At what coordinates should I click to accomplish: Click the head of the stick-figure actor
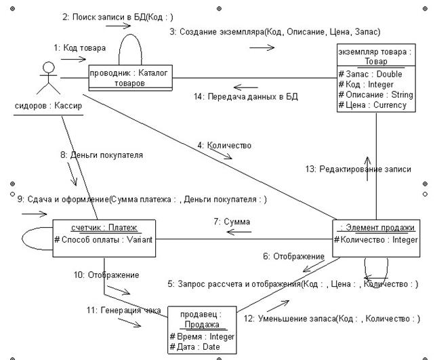pos(49,67)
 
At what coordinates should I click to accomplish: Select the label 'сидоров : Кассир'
pos(48,106)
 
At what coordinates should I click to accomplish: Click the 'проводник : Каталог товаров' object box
pos(130,78)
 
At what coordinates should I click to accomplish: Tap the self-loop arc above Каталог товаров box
pos(130,35)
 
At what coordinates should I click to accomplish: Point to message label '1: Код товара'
pos(80,47)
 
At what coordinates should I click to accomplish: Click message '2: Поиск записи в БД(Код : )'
pos(118,17)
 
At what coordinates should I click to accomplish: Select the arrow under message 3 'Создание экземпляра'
pos(262,47)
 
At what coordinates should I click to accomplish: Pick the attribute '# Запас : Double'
pos(370,74)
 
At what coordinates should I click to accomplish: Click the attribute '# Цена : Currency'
pos(372,105)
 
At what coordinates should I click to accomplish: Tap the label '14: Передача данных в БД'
pos(246,96)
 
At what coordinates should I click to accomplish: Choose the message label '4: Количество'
pos(224,146)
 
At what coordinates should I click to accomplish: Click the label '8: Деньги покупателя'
pos(102,155)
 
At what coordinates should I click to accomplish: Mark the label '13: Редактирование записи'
pos(358,169)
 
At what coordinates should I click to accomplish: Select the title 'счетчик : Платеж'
pos(104,228)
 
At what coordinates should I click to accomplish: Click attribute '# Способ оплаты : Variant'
pos(103,239)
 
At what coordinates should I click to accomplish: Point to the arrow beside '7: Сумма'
pos(239,232)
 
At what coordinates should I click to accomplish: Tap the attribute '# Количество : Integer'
pos(376,239)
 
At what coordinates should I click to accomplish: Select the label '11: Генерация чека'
pos(124,310)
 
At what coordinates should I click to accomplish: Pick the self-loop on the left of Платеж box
pos(22,239)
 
